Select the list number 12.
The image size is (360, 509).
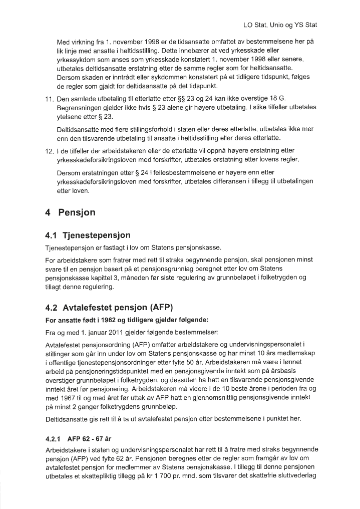[49, 151]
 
